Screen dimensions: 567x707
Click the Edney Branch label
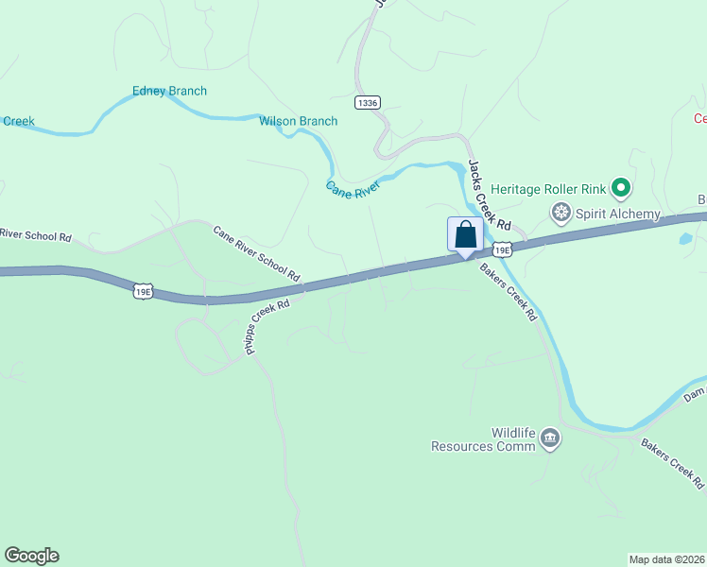pos(169,92)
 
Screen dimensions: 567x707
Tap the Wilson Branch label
pos(299,121)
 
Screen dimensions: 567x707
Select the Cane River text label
pos(353,189)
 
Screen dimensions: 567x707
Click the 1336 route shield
pos(369,101)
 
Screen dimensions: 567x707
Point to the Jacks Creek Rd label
pos(490,196)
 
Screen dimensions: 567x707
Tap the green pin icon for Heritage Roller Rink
pos(621,189)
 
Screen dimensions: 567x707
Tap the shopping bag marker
pos(465,234)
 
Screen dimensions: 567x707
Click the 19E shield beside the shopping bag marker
pos(500,250)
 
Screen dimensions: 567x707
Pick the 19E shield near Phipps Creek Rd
pos(143,292)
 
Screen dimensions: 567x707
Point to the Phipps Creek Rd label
pos(267,327)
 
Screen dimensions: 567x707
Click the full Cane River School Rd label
pos(256,253)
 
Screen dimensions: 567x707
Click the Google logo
pos(31,556)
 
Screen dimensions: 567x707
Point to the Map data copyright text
pos(665,559)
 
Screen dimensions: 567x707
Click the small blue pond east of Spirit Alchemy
pos(684,239)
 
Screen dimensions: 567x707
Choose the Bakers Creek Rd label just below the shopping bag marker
pos(508,292)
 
